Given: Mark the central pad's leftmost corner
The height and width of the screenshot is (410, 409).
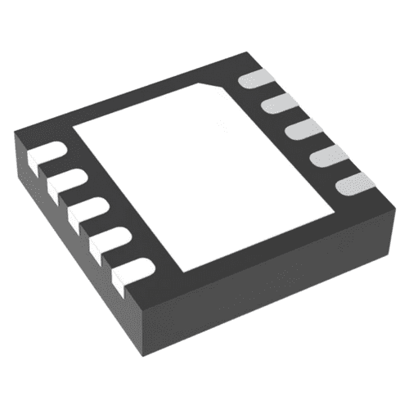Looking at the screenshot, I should click(x=75, y=128).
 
